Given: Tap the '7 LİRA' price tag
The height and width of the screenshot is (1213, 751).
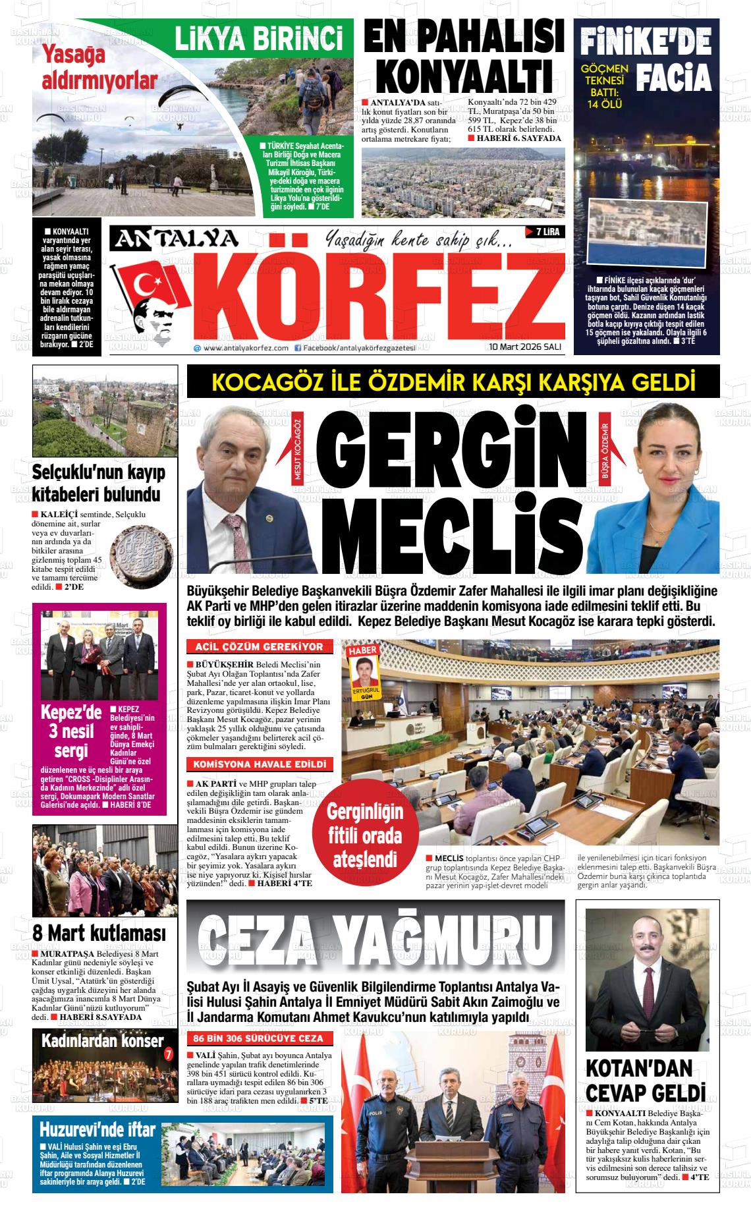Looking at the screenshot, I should [x=543, y=232].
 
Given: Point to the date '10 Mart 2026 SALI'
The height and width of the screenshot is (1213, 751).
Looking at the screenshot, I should [x=524, y=347].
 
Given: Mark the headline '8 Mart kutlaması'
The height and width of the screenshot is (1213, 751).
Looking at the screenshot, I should [x=99, y=933].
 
